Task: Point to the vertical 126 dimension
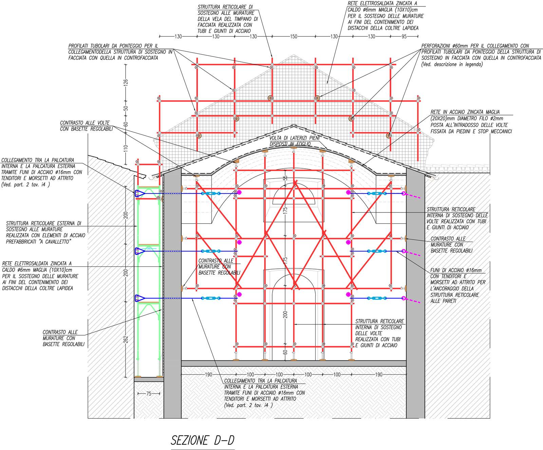point(126,82)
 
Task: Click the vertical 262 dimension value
point(126,340)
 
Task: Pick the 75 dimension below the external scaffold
point(149,394)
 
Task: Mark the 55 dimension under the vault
point(285,177)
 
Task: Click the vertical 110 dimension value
point(126,148)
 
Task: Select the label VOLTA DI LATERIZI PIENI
point(294,138)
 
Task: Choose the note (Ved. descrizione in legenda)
point(452,64)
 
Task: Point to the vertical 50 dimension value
point(126,108)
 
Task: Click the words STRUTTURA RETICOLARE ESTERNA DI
point(44,223)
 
